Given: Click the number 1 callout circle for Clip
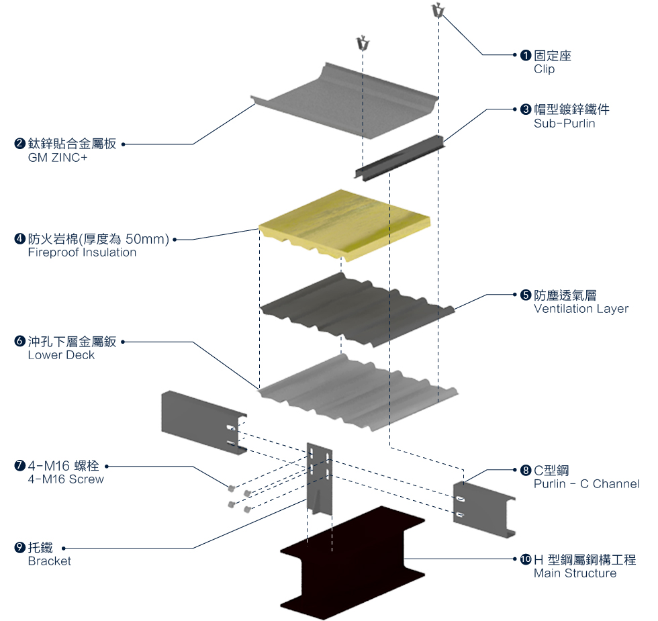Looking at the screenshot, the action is [526, 55].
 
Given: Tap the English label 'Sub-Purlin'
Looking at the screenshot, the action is [564, 124].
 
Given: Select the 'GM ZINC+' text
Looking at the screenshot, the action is [58, 158].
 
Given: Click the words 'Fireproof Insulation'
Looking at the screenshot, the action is [82, 252].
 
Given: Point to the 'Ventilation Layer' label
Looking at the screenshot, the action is [581, 309].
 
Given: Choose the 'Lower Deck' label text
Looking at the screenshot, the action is [61, 355].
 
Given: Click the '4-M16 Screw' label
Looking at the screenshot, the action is [66, 479].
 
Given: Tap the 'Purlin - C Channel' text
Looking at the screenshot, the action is [586, 484].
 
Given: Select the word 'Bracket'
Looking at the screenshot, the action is [50, 561].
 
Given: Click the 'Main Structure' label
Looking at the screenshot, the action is [575, 573].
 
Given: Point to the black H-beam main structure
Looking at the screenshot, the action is [352, 563].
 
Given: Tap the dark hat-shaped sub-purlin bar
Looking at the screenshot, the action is [399, 158].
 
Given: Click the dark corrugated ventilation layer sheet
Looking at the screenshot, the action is [357, 309].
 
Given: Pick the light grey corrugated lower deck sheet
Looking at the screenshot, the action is [357, 392].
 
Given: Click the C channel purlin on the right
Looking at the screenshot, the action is [483, 510].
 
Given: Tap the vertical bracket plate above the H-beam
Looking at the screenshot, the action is [320, 479].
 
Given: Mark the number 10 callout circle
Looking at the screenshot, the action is [526, 559].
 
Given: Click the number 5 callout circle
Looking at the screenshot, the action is [526, 295].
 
